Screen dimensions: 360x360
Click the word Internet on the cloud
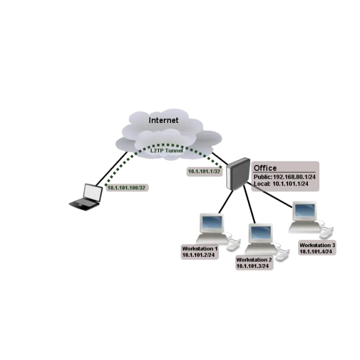pyautogui.click(x=163, y=120)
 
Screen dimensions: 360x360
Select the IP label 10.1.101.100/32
pyautogui.click(x=130, y=188)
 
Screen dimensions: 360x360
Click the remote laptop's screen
pyautogui.click(x=92, y=192)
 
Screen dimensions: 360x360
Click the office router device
pyautogui.click(x=238, y=173)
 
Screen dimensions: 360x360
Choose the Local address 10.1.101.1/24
pyautogui.click(x=281, y=184)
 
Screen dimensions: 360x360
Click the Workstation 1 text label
pyautogui.click(x=200, y=248)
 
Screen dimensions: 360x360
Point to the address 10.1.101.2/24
pyautogui.click(x=199, y=255)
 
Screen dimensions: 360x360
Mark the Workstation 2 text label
pyautogui.click(x=254, y=259)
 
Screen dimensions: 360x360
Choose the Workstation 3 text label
pyautogui.click(x=317, y=245)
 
